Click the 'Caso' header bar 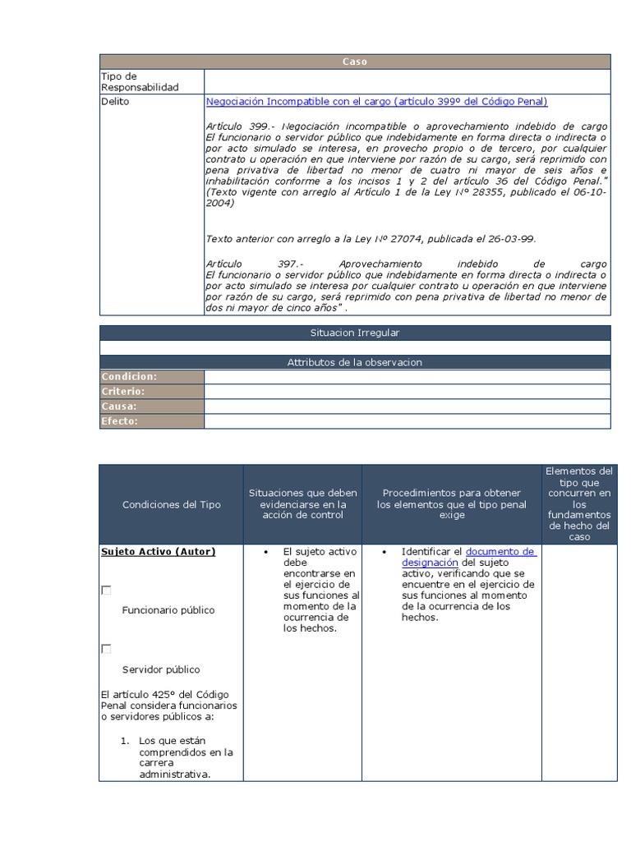tap(355, 62)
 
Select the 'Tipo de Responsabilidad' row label tap(140, 81)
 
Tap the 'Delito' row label tap(115, 102)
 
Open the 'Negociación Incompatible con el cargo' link tap(376, 102)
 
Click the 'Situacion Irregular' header tap(355, 333)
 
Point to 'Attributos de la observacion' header tap(355, 362)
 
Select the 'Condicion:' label tap(129, 377)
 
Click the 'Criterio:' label tap(123, 392)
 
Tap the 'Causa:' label tap(119, 407)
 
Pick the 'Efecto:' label tap(120, 421)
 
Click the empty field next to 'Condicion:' tap(407, 377)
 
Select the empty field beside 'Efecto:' tap(407, 421)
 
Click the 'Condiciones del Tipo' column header tap(171, 504)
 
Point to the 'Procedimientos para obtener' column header tap(451, 493)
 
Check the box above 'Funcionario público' tap(106, 590)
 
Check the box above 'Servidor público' tap(106, 649)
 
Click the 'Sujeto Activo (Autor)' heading tap(159, 552)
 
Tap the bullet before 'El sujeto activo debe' tap(266, 552)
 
